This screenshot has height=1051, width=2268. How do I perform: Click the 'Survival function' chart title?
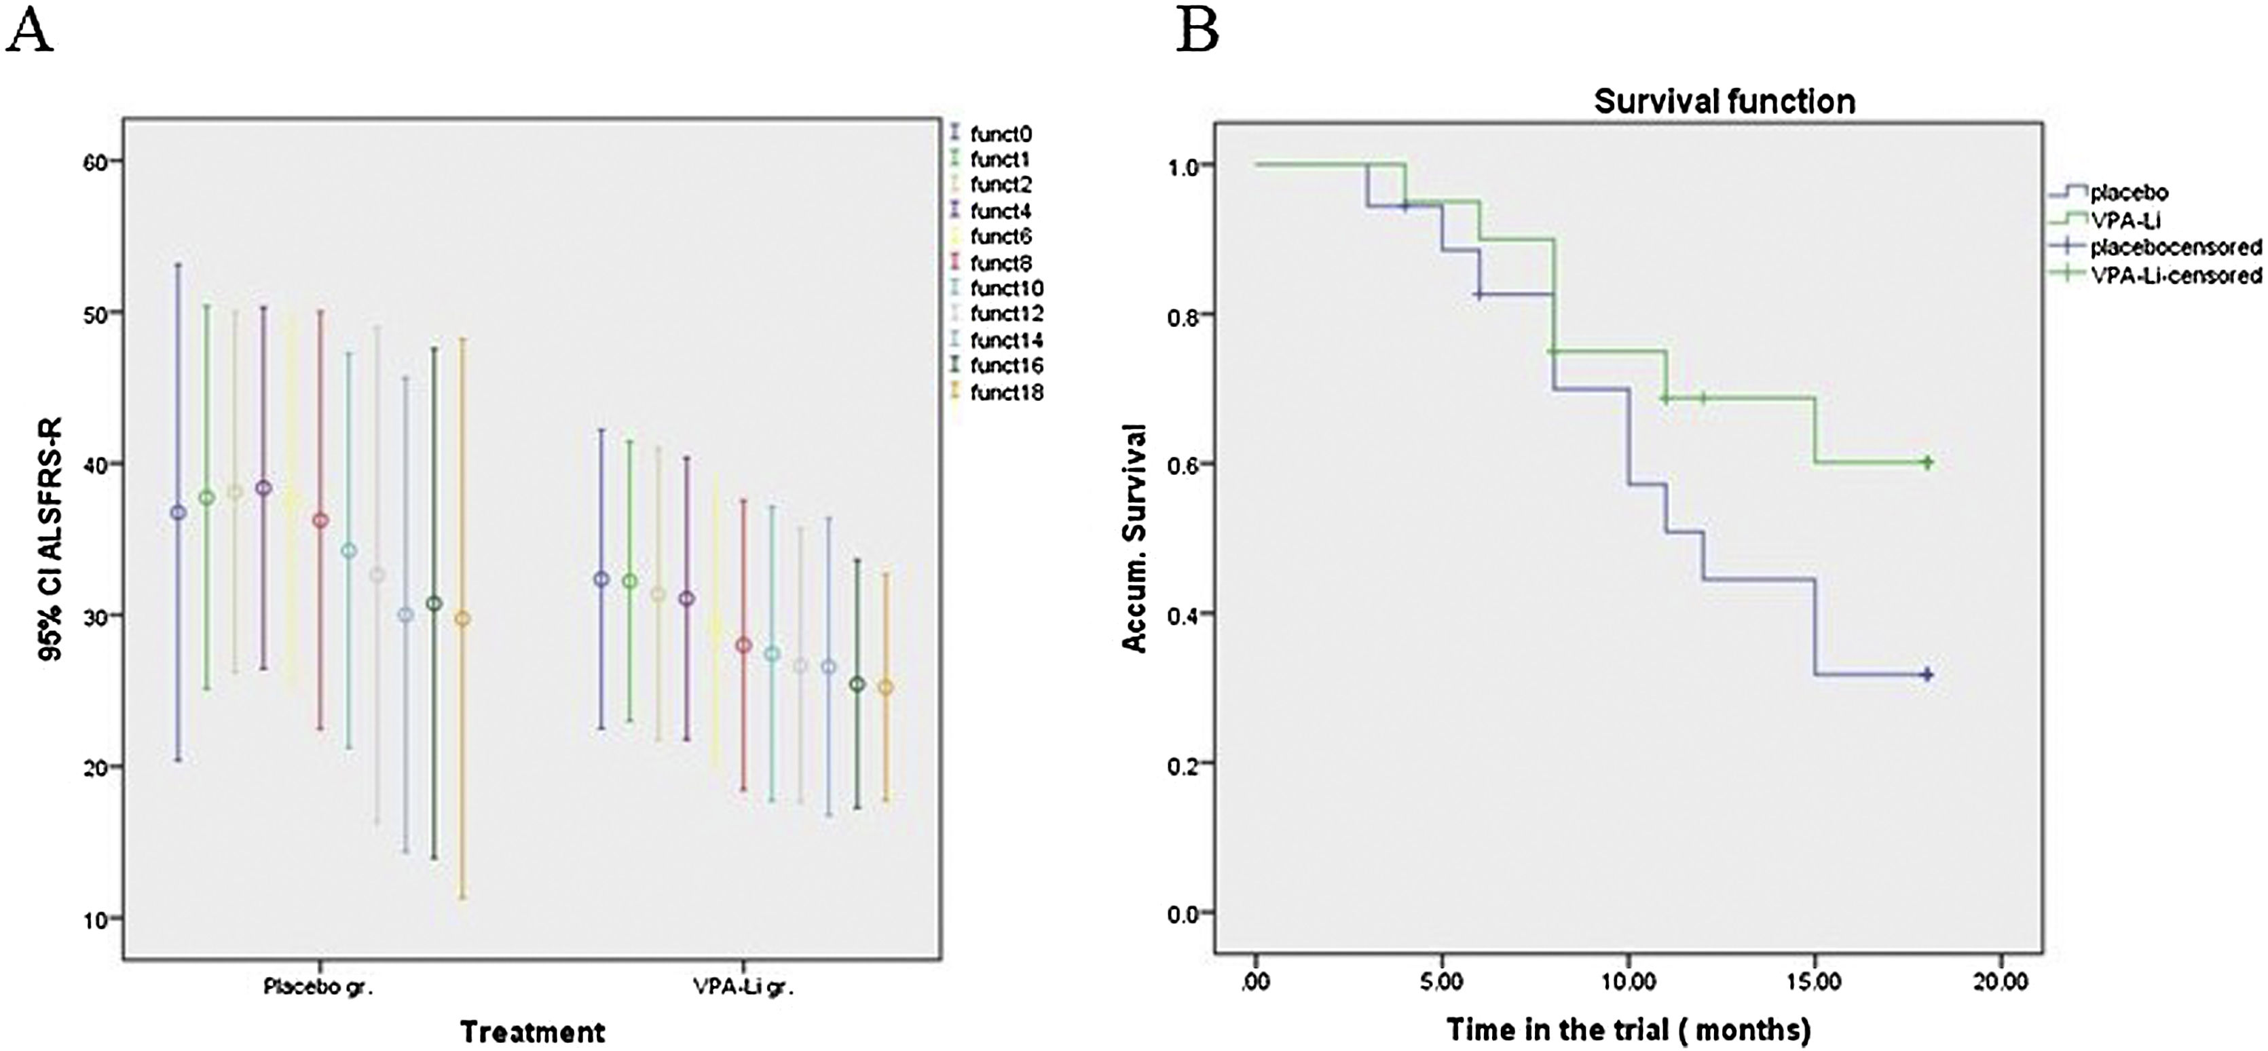coord(1724,102)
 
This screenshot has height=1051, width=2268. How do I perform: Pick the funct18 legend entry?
coord(1006,393)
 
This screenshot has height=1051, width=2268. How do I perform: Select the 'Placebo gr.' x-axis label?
coord(319,987)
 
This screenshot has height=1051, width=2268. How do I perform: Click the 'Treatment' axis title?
coord(533,1031)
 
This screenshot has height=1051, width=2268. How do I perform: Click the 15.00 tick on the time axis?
coord(1815,982)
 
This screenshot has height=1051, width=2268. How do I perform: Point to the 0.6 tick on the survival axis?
coord(1183,464)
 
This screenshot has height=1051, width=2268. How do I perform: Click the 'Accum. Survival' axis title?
coord(1135,539)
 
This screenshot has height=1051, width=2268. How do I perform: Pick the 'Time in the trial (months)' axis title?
coord(1629,1029)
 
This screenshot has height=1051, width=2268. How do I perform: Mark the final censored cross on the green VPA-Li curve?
coord(1927,463)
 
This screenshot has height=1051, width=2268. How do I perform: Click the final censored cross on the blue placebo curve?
coord(1927,674)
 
